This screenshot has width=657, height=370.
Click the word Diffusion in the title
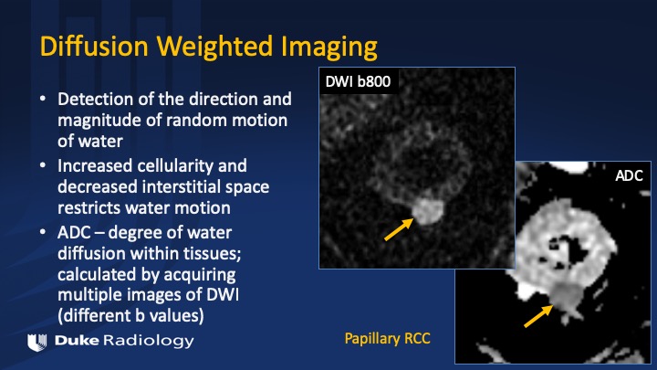point(94,46)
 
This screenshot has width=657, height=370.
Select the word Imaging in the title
point(328,48)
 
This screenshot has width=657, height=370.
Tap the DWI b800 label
point(358,81)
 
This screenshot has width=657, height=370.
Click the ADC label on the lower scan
point(629,175)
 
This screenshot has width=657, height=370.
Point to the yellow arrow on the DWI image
point(399,229)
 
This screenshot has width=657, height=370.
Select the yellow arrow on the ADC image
point(538,316)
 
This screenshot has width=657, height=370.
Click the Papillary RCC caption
point(387,339)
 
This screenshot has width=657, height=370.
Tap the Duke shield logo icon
point(36,342)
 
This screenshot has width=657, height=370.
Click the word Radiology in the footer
point(149,341)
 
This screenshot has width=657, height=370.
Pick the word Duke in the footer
point(77,340)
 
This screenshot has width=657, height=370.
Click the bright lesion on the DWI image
point(428,211)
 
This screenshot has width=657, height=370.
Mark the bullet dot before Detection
point(43,99)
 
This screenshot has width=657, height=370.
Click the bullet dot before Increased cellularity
point(43,164)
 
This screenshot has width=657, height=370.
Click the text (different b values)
point(130,315)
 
